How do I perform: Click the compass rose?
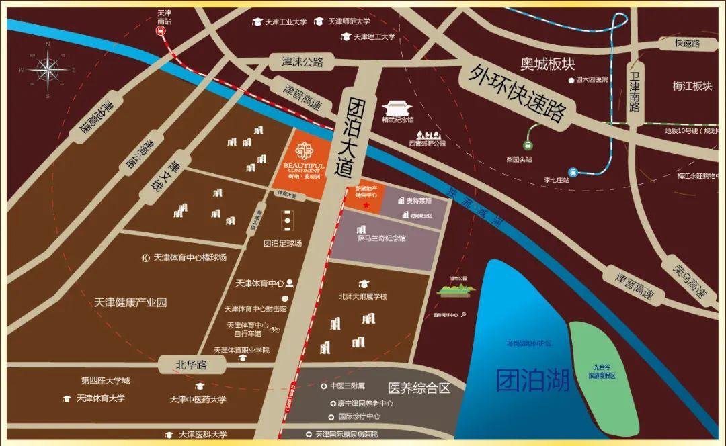coord(48,69)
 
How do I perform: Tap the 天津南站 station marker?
coord(165,37)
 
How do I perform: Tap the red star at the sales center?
coord(366,204)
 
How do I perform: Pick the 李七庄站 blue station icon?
coord(573,171)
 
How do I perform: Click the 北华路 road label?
coord(191,365)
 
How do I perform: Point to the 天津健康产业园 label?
coord(130,302)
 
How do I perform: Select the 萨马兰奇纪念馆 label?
coord(381,238)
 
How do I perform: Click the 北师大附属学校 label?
coord(363,296)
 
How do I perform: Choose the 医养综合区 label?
coord(417,388)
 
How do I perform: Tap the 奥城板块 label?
coord(548,64)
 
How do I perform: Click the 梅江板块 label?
coord(692,86)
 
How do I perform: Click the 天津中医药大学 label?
coord(198,400)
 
